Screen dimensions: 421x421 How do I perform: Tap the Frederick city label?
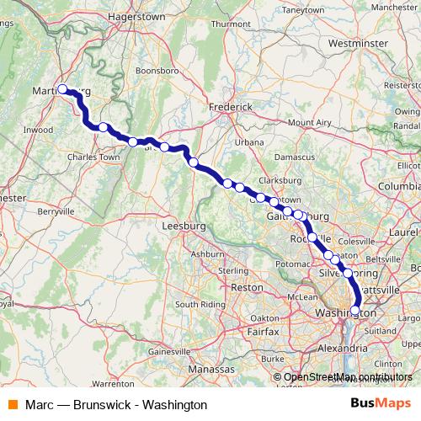[x=231, y=107]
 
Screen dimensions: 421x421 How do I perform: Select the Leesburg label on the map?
[x=184, y=226]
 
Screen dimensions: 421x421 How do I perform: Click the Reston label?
[x=247, y=287]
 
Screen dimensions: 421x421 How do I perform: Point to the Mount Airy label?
[x=310, y=122]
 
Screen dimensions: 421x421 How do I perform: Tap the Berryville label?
[x=56, y=212]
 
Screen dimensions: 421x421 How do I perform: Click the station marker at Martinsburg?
[x=62, y=88]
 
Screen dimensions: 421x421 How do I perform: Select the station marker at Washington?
[x=354, y=310]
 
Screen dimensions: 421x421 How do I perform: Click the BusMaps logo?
[x=381, y=404]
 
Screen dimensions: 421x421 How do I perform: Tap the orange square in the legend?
[x=13, y=404]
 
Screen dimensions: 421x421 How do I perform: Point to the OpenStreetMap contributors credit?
[x=348, y=376]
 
